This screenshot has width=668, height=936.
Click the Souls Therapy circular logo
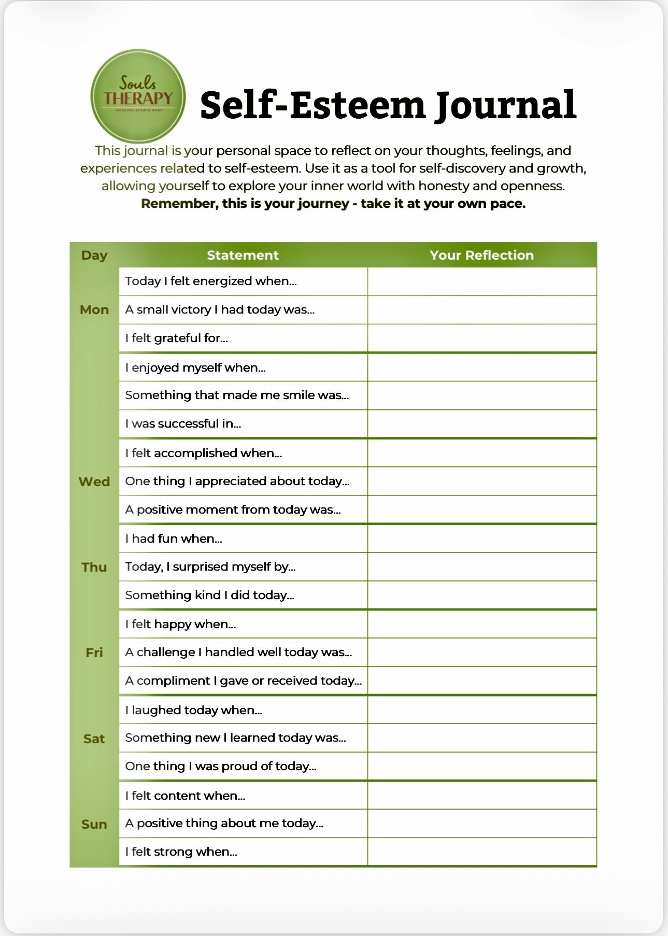tap(138, 96)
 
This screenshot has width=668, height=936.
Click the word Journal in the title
tap(505, 105)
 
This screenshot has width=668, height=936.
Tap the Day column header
tap(94, 255)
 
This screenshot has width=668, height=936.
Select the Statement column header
tap(243, 255)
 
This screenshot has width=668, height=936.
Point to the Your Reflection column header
tap(481, 255)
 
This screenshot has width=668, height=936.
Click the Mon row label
tap(94, 309)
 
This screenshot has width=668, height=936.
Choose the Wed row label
tap(94, 481)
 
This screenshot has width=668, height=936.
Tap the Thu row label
tap(94, 567)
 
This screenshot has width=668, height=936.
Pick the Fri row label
tap(94, 653)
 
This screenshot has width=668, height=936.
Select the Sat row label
tap(94, 739)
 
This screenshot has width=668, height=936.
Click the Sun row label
tap(94, 824)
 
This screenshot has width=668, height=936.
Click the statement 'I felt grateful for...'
tap(176, 338)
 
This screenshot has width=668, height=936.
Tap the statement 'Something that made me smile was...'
tap(237, 395)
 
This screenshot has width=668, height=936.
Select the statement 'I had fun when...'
tap(174, 538)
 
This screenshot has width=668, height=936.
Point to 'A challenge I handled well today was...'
tap(238, 652)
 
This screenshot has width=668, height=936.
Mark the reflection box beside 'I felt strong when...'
tap(482, 852)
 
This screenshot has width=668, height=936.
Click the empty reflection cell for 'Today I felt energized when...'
tap(482, 281)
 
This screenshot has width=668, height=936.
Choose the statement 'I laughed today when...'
tap(193, 710)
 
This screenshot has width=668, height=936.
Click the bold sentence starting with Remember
tap(333, 204)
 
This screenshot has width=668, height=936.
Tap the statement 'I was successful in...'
tap(183, 423)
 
